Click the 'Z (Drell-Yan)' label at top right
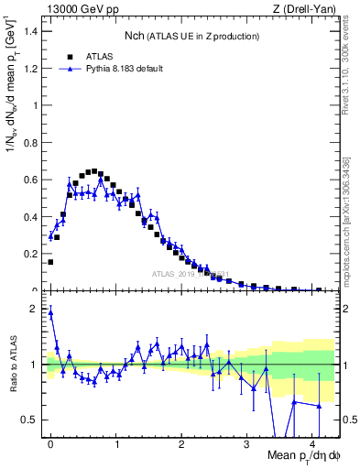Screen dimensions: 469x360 pyautogui.click(x=306, y=9)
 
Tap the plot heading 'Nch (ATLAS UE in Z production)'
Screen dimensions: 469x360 pyautogui.click(x=192, y=36)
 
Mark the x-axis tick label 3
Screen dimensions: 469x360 pyautogui.click(x=247, y=444)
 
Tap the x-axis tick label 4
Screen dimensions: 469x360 pyautogui.click(x=312, y=444)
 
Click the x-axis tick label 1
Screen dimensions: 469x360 pyautogui.click(x=116, y=444)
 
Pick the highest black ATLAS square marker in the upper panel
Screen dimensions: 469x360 pyautogui.click(x=93, y=170)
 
